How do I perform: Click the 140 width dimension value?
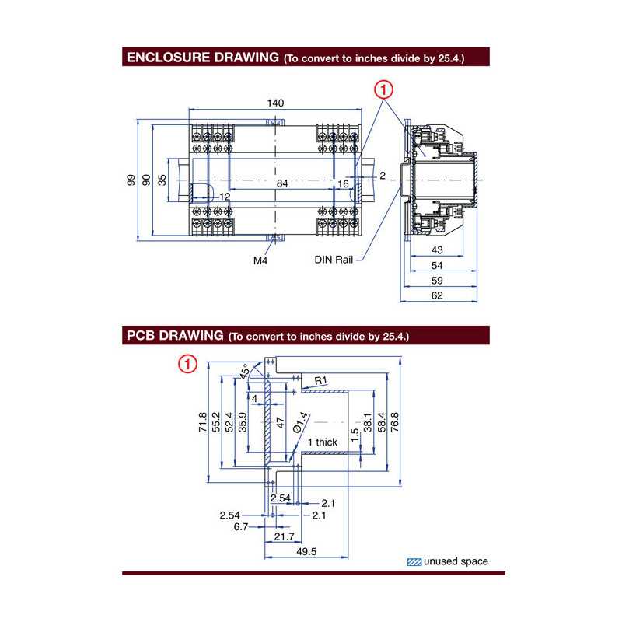coord(275,103)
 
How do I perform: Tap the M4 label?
coord(260,261)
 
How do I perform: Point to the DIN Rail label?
coord(334,260)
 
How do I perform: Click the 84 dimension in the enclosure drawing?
coord(284,183)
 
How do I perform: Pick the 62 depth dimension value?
coord(436,295)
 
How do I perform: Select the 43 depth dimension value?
coord(436,250)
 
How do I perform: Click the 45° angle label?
coord(246,373)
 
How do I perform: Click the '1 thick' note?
coord(322,442)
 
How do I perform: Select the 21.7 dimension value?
coord(285,537)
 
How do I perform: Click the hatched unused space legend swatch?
coord(416,561)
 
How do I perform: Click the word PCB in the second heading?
coord(140,335)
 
